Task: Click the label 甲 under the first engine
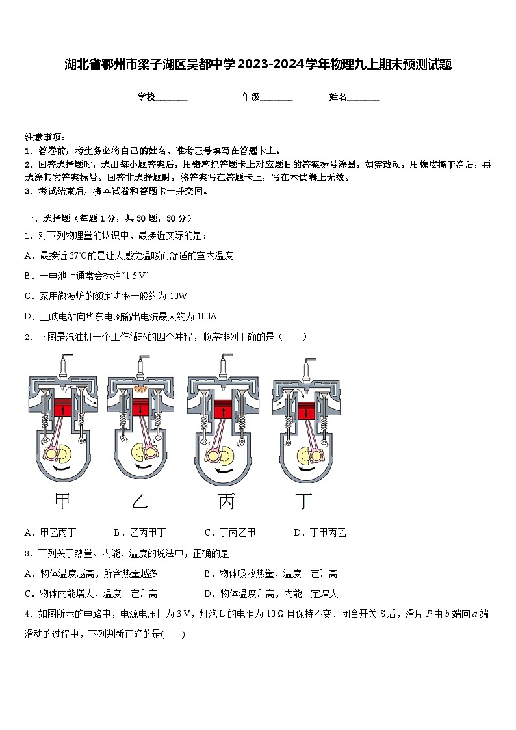[62, 501]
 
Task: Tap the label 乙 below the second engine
[140, 501]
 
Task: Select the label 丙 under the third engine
[226, 501]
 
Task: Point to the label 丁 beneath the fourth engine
[303, 501]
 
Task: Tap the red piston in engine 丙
[223, 409]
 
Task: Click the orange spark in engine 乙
[138, 389]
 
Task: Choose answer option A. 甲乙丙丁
[51, 533]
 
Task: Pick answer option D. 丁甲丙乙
[320, 533]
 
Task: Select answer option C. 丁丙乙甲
[230, 533]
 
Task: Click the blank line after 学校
[172, 98]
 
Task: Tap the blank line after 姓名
[363, 98]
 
